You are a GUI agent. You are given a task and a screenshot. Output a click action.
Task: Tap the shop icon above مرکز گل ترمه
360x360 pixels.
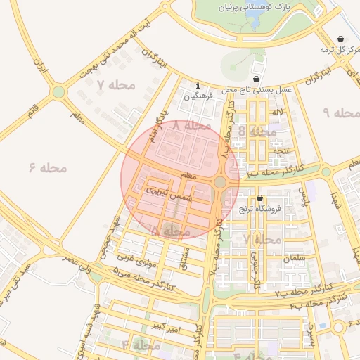click(x=341, y=39)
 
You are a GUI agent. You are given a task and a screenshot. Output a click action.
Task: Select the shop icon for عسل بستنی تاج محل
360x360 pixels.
click(x=255, y=79)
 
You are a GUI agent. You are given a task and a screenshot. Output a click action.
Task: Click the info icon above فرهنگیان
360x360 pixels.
click(x=198, y=86)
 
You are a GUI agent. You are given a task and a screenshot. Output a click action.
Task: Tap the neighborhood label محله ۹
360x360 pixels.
click(x=341, y=112)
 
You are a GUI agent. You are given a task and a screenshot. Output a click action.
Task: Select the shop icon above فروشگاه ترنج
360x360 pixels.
click(x=260, y=199)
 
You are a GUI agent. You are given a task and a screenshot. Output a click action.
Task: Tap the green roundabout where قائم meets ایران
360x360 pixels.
click(x=58, y=92)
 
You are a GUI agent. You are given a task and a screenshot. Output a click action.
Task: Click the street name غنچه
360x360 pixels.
click(x=281, y=151)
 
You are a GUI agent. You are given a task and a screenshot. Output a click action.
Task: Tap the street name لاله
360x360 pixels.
click(x=278, y=112)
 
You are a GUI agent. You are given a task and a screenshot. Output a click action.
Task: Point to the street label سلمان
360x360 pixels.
click(x=296, y=259)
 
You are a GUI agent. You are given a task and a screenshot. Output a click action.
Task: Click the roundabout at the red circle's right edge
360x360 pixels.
click(x=220, y=182)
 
